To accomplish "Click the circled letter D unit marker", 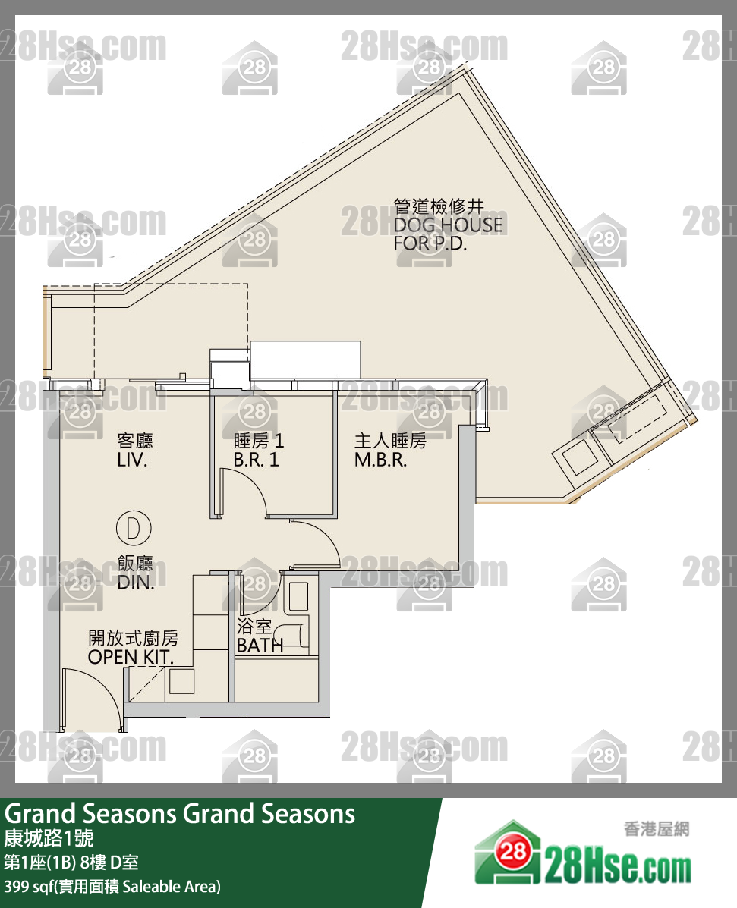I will tap(134, 527).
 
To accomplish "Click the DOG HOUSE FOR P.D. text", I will tap(447, 225).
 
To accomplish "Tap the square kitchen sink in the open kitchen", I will tap(181, 682).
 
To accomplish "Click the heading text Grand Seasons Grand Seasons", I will tap(180, 814).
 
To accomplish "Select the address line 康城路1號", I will tap(49, 839).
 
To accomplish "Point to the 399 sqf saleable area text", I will tap(112, 886).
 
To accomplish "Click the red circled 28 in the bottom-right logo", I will tap(514, 853).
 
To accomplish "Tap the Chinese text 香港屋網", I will tap(655, 829).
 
